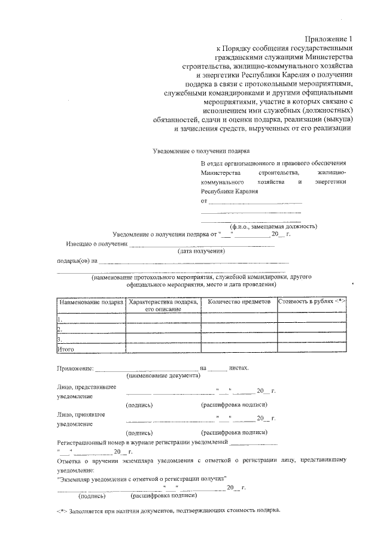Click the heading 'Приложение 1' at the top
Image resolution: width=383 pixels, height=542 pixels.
(x=329, y=38)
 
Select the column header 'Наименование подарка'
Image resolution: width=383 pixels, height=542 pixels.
(x=90, y=302)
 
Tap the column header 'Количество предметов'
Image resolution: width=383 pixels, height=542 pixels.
(x=239, y=302)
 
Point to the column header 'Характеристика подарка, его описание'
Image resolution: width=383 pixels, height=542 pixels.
(x=164, y=305)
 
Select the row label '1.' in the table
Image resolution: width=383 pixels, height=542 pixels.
(x=60, y=319)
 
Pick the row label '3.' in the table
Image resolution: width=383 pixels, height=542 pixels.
(x=60, y=338)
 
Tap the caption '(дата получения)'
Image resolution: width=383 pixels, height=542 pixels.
(x=200, y=252)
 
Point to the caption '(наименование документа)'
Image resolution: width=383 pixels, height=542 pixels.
(x=163, y=376)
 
